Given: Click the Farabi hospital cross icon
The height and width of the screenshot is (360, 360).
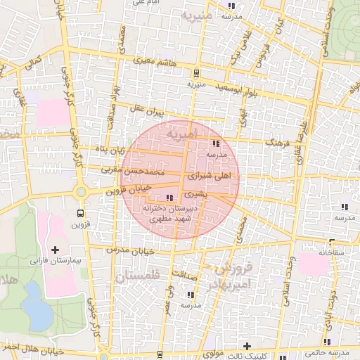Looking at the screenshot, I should pyautogui.click(x=56, y=250).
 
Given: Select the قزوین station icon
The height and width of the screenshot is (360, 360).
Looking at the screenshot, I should pyautogui.click(x=80, y=213).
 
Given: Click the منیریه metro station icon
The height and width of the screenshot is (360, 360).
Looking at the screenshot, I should pyautogui.click(x=195, y=72).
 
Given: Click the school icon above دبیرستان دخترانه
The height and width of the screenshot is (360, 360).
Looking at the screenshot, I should pyautogui.click(x=169, y=198).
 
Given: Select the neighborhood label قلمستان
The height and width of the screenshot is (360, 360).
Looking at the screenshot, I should pyautogui.click(x=137, y=277).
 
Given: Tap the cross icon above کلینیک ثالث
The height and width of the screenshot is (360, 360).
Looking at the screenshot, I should pyautogui.click(x=247, y=345).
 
